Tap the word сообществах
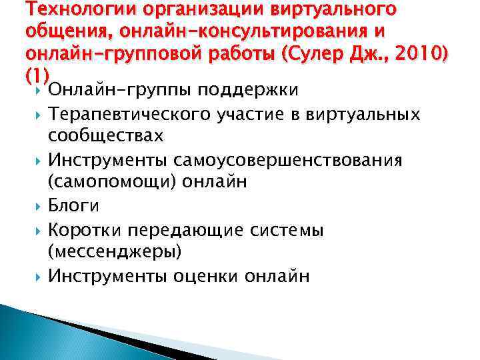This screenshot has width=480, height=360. tap(106, 135)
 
